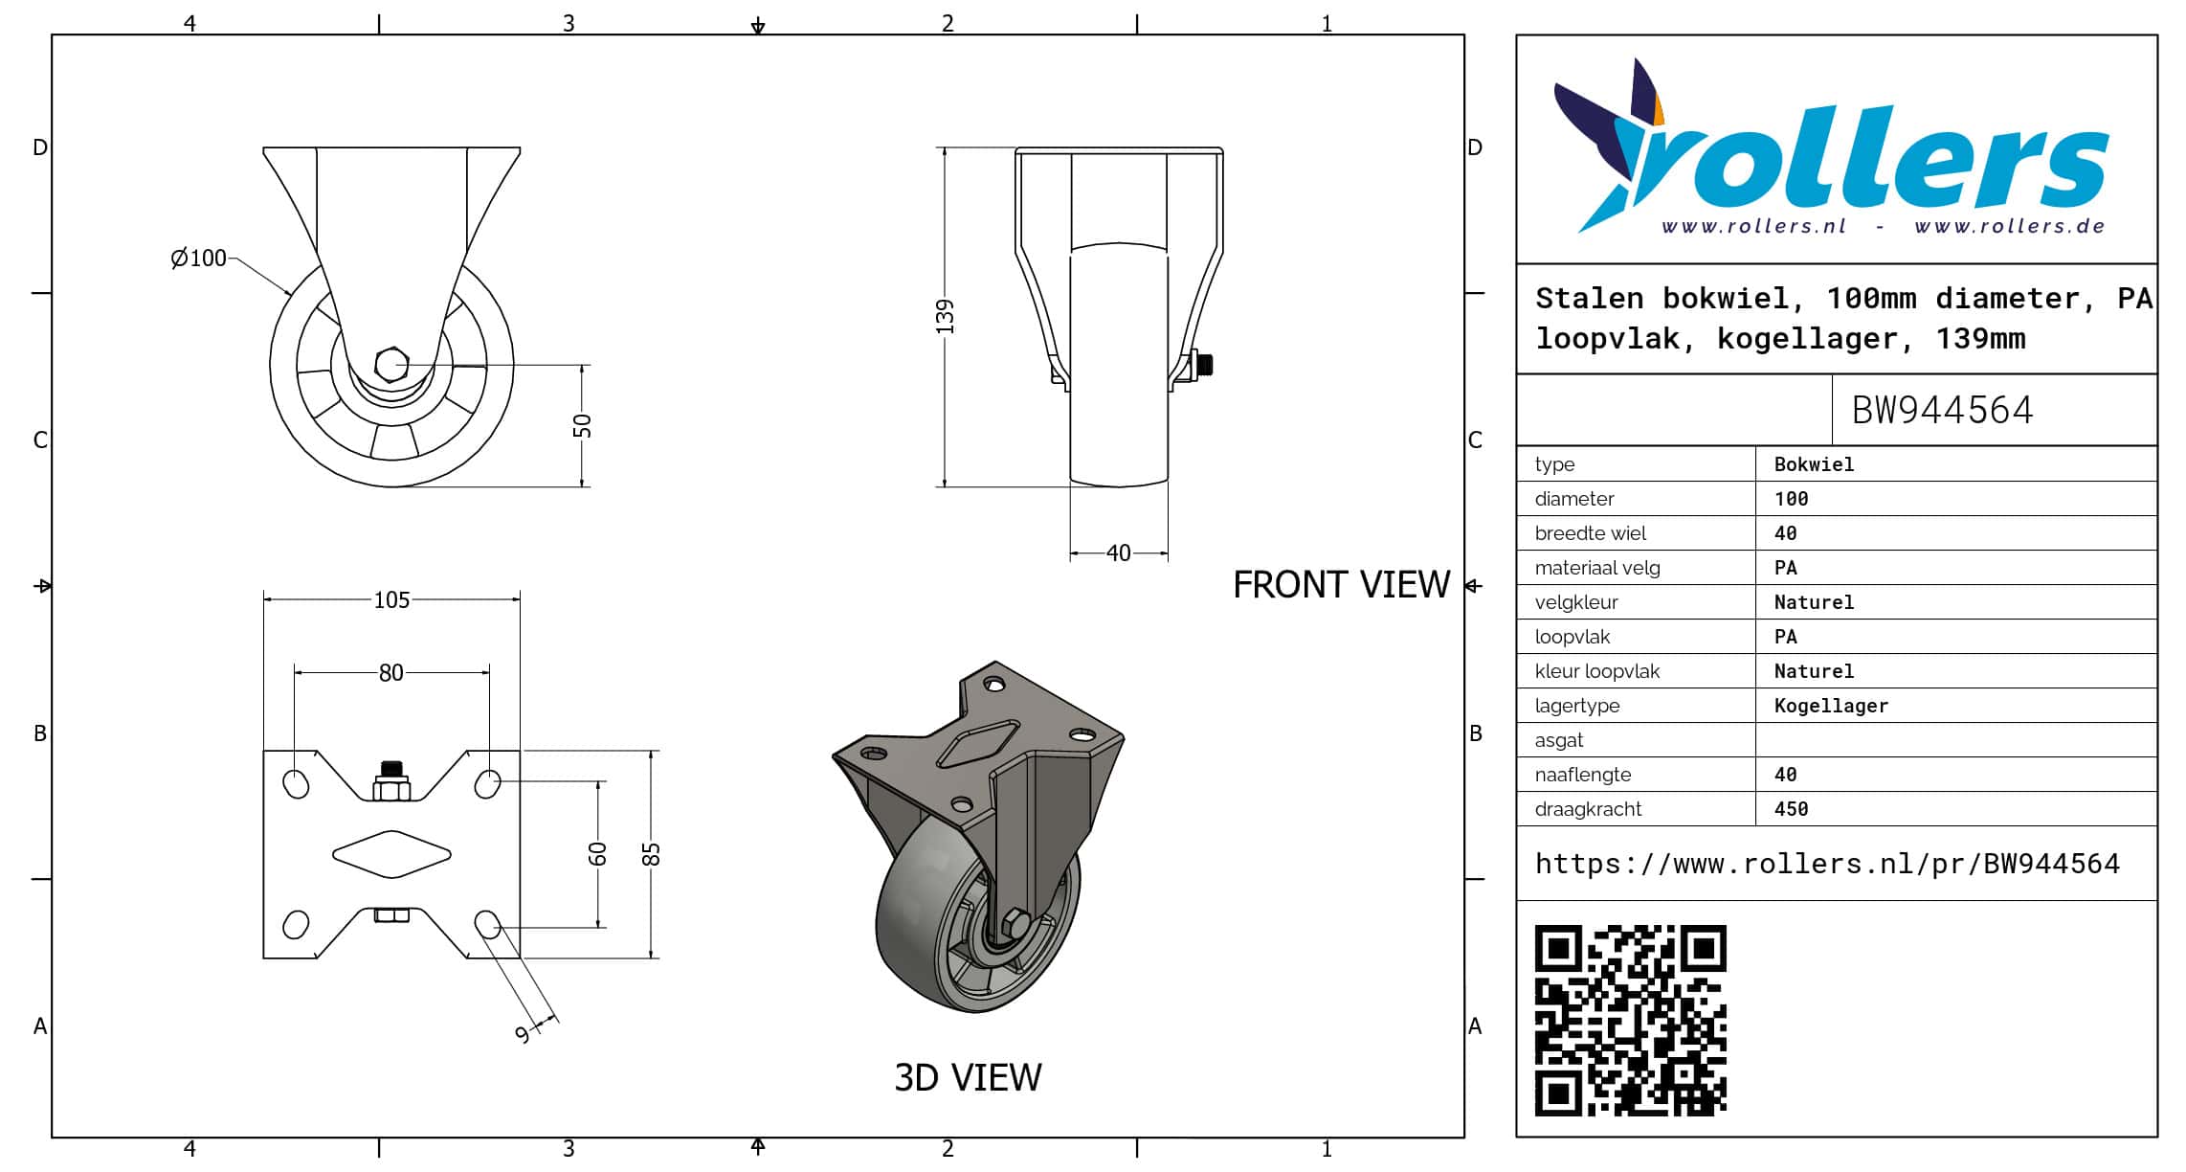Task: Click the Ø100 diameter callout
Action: click(x=198, y=258)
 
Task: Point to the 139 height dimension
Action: click(x=945, y=317)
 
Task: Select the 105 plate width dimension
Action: click(x=391, y=599)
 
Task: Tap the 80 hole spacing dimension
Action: click(x=391, y=672)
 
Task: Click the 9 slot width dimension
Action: click(x=523, y=1034)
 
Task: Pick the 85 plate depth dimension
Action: click(x=651, y=854)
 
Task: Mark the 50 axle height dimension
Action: click(x=582, y=426)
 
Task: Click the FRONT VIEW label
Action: click(x=1341, y=584)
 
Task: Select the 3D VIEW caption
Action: click(x=968, y=1077)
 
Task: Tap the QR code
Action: click(x=1630, y=1020)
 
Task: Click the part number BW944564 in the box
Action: click(x=1942, y=410)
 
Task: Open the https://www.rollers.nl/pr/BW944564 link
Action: click(x=1827, y=864)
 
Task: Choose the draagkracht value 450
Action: click(x=1791, y=809)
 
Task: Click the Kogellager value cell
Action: click(x=1831, y=706)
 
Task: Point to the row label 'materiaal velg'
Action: click(x=1597, y=568)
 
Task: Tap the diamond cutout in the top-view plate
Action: click(x=391, y=854)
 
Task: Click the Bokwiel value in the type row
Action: click(x=1814, y=464)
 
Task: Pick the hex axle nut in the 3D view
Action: click(x=1015, y=925)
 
